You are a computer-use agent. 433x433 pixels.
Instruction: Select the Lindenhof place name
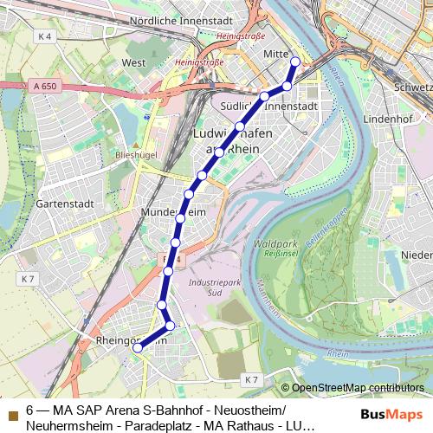(388, 116)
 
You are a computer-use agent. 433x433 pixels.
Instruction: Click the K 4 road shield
(45, 36)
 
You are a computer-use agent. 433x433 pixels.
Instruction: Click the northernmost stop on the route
(295, 61)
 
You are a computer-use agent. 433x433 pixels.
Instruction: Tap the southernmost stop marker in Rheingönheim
(137, 347)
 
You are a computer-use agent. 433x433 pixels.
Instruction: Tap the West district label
(133, 63)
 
